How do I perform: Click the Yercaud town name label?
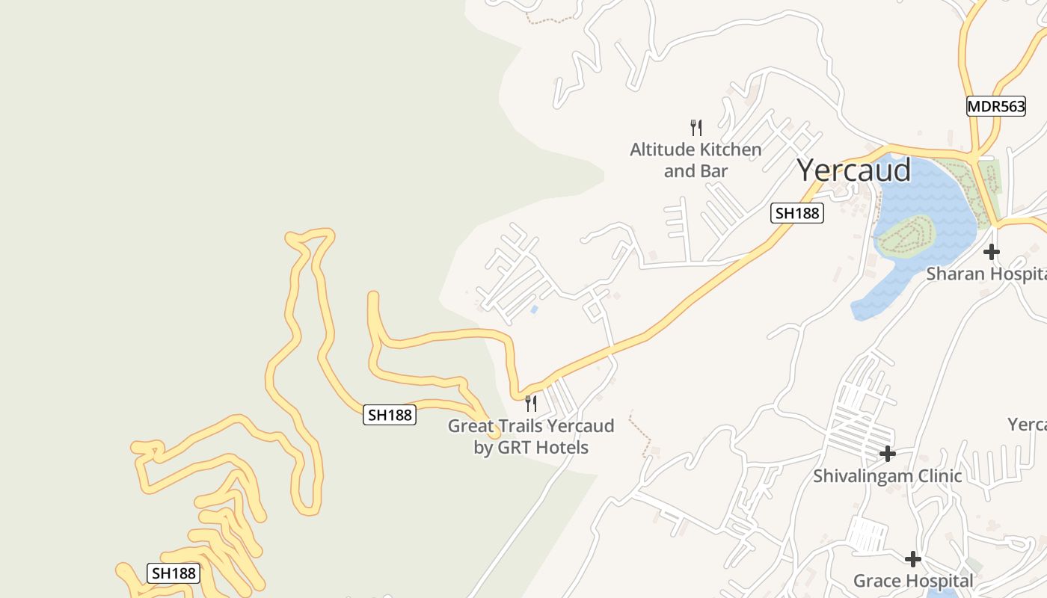853,170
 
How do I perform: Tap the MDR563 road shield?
995,106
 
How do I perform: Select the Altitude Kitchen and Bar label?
696,160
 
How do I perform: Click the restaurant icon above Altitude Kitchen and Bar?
696,128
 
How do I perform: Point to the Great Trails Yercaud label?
531,437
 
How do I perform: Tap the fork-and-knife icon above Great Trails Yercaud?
531,404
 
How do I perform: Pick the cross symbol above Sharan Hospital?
992,252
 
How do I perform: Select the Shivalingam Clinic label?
888,475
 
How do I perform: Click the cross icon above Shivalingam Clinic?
888,453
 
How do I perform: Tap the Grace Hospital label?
913,581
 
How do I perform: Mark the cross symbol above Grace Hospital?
912,558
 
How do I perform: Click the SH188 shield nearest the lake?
797,214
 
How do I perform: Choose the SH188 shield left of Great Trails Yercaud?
390,415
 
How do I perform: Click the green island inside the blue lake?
906,235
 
